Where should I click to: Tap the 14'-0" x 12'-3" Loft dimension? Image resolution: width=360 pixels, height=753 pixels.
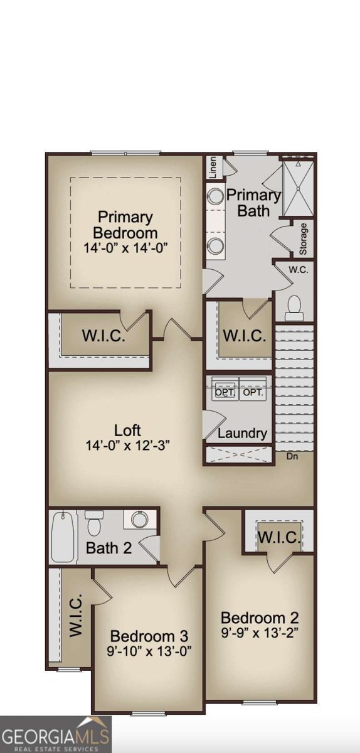click(127, 446)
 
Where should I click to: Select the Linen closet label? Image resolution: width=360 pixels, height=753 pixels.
click(213, 168)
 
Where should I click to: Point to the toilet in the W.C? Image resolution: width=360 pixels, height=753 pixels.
click(294, 307)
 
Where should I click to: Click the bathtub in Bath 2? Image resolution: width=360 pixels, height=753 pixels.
click(63, 538)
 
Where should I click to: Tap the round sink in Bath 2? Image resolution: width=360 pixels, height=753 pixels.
click(139, 520)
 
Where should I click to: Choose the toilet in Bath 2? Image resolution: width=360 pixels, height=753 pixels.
click(95, 523)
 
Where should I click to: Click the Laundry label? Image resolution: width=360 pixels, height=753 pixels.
click(243, 433)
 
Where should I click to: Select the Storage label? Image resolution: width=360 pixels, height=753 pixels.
click(304, 238)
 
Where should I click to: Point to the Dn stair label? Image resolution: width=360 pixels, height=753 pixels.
click(293, 456)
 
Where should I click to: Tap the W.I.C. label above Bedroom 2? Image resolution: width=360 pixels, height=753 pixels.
click(279, 538)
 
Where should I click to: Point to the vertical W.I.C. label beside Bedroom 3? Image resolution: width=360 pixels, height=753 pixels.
click(76, 617)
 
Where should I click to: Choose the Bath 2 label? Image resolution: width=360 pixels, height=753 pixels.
click(109, 548)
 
